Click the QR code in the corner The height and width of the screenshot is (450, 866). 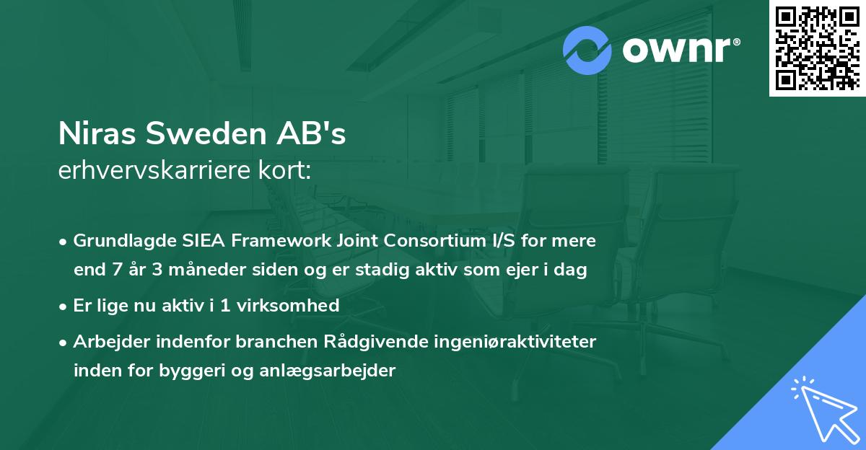(x=817, y=48)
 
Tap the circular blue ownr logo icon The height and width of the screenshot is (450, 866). (x=587, y=50)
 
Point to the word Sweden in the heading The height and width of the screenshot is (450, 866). (x=203, y=134)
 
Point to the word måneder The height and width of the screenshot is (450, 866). (x=191, y=270)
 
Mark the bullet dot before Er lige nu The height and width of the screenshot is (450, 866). (x=64, y=306)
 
